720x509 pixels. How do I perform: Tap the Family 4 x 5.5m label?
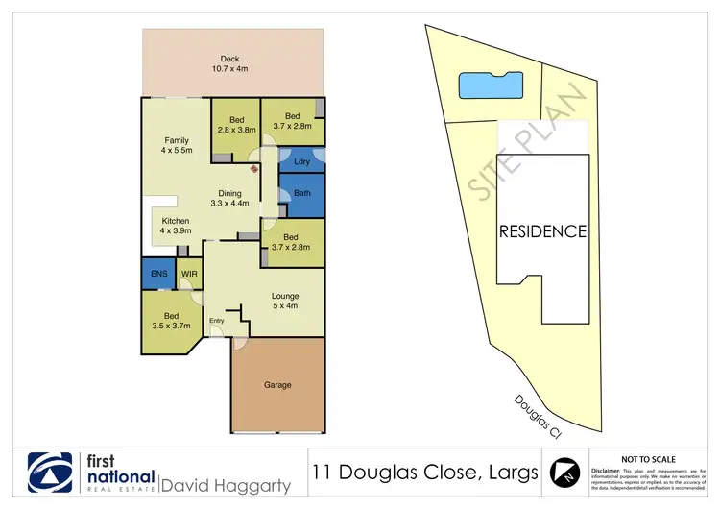(176, 146)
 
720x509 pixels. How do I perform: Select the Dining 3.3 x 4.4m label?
(229, 198)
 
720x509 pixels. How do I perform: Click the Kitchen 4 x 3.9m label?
(176, 227)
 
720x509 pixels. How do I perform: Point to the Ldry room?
(301, 161)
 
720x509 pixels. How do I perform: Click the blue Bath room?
(302, 194)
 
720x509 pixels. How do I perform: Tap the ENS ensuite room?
(159, 274)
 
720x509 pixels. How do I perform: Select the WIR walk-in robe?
(189, 274)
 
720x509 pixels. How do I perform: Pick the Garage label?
(277, 385)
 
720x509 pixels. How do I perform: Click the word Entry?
(216, 321)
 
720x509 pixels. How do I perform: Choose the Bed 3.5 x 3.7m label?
(170, 320)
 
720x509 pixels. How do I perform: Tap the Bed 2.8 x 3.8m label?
(236, 125)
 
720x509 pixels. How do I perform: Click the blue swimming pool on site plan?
(492, 85)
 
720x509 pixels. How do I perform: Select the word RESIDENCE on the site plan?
(541, 231)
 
